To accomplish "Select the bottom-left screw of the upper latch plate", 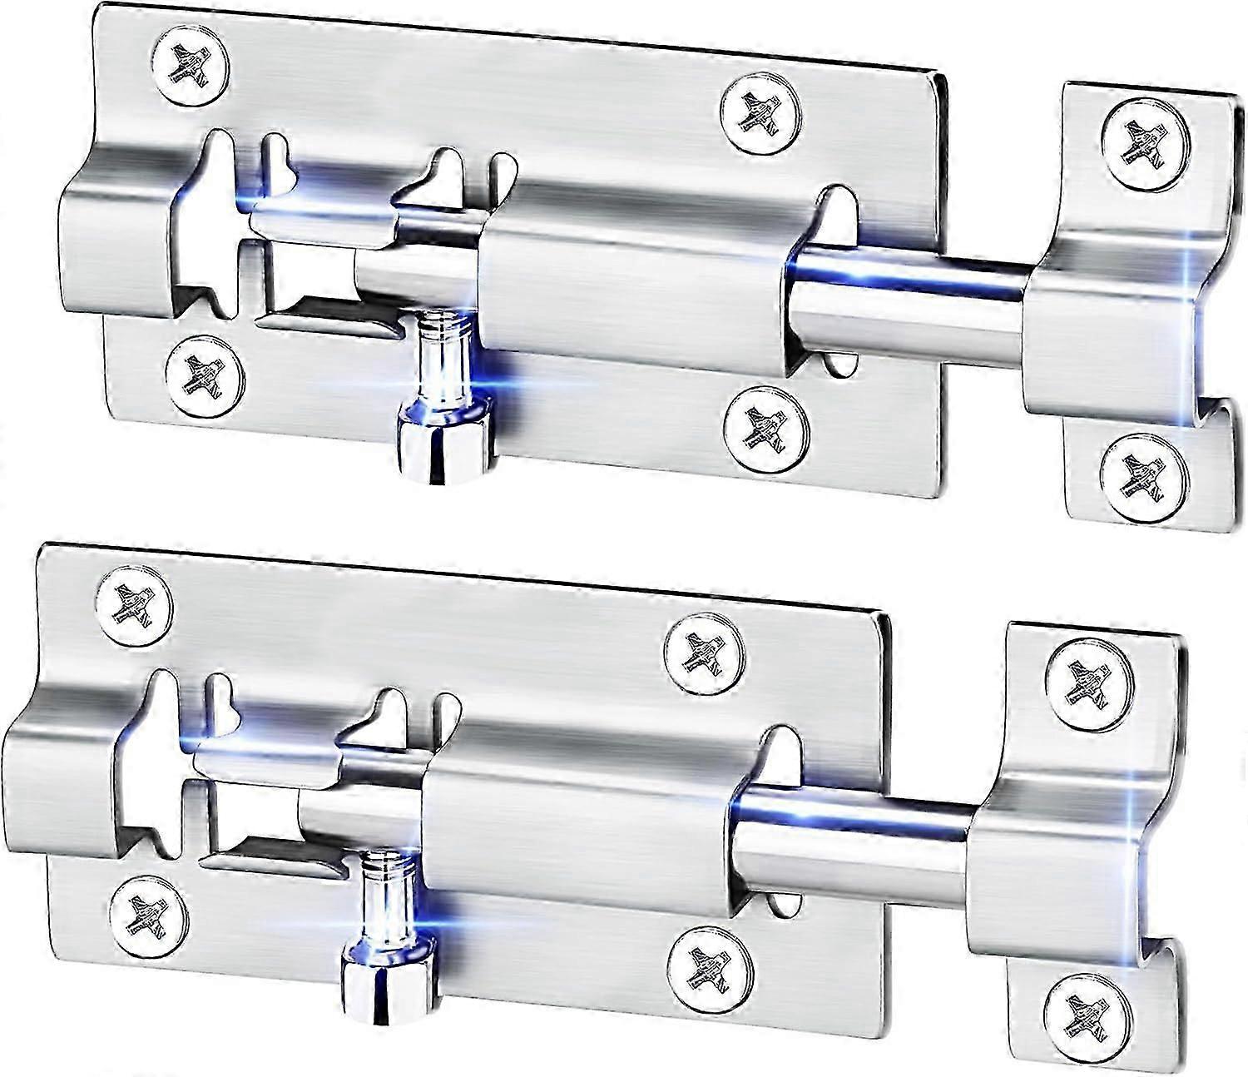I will click(205, 373).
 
